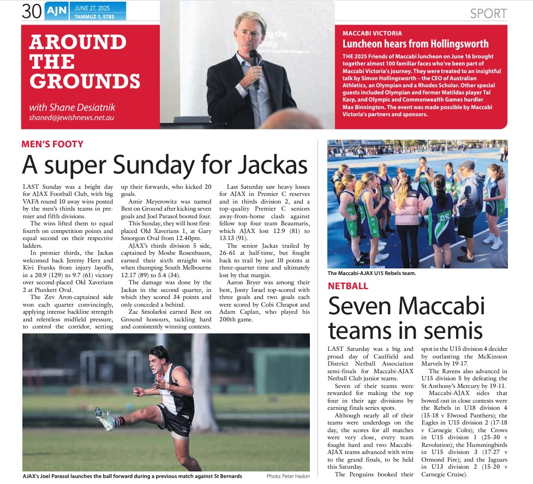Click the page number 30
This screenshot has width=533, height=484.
click(32, 11)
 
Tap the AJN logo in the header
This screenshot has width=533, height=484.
click(56, 11)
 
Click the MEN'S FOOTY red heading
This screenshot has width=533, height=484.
click(52, 145)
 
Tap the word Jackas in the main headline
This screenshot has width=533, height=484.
click(266, 164)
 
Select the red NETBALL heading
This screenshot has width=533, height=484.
click(348, 286)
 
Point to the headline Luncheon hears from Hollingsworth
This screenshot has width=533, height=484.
click(415, 44)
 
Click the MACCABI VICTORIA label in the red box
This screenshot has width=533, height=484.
click(372, 33)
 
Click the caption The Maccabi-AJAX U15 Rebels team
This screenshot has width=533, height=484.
click(372, 273)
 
